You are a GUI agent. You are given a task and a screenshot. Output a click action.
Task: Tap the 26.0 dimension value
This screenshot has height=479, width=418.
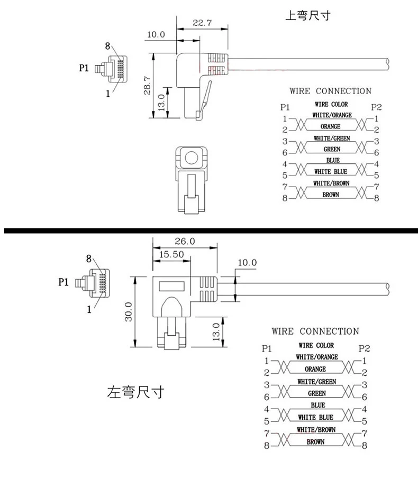pos(185,241)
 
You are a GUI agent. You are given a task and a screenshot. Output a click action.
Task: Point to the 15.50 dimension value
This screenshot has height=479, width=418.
pos(171,254)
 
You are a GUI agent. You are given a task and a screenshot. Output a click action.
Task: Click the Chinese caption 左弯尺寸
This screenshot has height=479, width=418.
pos(135,393)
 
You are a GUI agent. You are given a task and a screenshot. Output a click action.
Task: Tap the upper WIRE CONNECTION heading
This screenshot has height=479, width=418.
pos(330,91)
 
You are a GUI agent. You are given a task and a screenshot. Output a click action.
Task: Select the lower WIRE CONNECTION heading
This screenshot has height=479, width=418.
pos(315,331)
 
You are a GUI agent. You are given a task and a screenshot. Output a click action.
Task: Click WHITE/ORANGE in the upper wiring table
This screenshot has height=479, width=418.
pos(332,115)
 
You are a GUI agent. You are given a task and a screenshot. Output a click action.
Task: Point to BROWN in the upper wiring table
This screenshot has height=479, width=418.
pos(331,195)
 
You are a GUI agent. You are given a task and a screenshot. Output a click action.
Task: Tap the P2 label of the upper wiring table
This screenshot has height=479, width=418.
pos(377,107)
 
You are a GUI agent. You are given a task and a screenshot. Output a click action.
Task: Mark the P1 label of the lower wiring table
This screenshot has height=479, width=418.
pos(266,348)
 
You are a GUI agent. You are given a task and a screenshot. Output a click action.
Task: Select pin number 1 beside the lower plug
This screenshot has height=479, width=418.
pos(89,310)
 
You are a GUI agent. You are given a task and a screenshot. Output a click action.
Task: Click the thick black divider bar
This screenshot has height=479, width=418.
pos(209,231)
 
